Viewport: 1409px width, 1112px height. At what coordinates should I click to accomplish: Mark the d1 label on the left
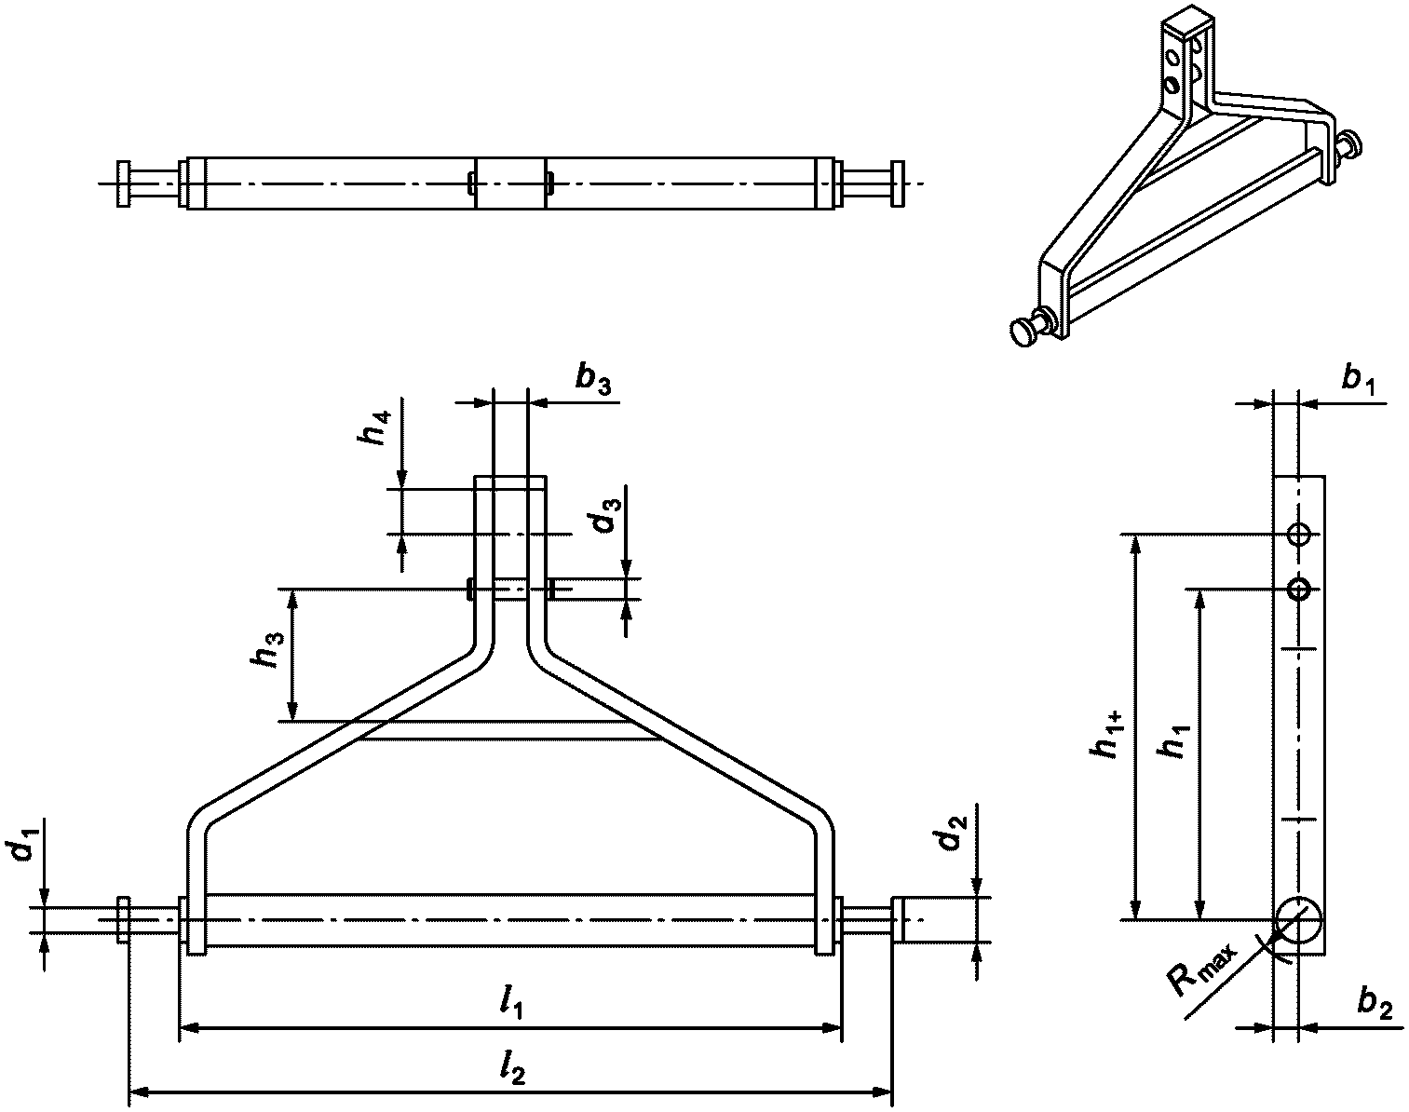(28, 848)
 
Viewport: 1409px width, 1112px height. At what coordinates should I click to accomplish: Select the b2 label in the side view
(1375, 1004)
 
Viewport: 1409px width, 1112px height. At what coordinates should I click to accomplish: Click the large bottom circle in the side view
(1298, 920)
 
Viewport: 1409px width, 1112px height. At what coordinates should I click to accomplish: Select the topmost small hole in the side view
(1299, 535)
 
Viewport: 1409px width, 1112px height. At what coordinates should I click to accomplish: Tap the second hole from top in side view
(1299, 589)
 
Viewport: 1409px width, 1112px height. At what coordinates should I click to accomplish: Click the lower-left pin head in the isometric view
(1025, 332)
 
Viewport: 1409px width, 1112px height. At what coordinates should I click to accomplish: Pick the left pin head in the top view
(124, 183)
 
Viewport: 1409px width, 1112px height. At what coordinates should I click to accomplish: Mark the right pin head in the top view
(897, 183)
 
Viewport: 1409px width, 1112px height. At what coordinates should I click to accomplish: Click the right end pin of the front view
(899, 920)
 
